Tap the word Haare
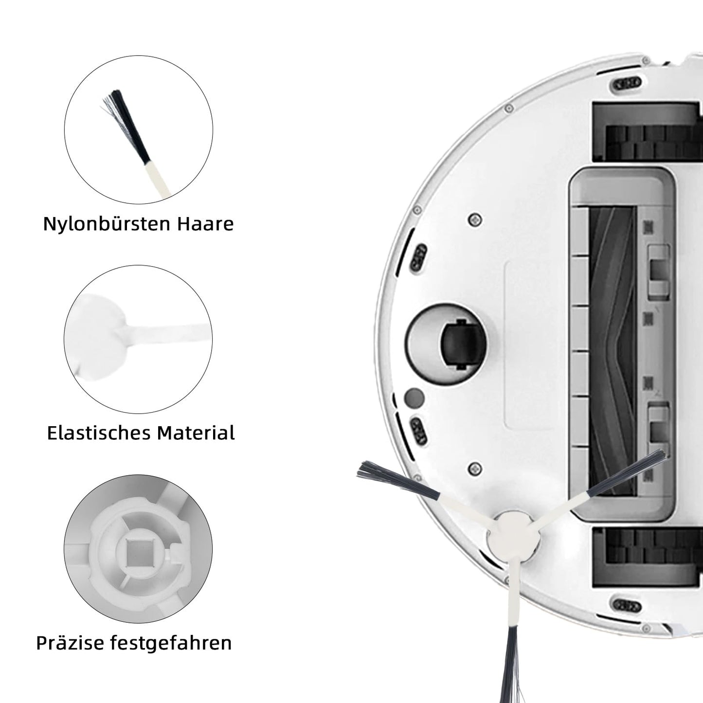point(205,223)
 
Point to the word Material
point(196,433)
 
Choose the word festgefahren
point(171,643)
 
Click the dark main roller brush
point(613,345)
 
